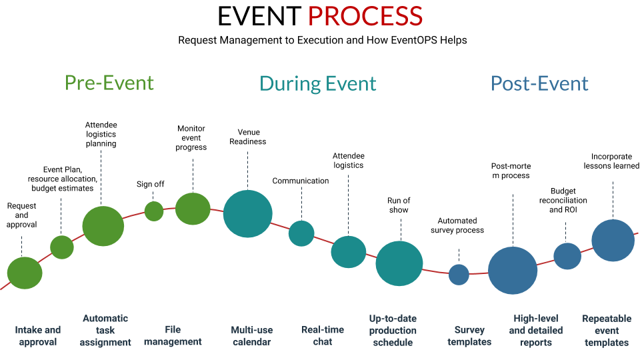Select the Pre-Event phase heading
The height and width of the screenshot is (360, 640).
click(x=109, y=83)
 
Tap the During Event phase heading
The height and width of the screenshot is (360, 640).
click(x=317, y=83)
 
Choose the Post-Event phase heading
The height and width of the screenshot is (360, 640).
click(x=539, y=83)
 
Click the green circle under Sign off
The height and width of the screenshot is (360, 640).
click(x=154, y=211)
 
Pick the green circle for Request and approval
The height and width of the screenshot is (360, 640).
click(x=25, y=273)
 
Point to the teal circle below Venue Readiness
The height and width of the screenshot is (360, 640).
click(x=247, y=214)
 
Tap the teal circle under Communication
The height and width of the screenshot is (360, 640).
click(x=301, y=233)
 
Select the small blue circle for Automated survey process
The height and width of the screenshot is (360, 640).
click(x=459, y=275)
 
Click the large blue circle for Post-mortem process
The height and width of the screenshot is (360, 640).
click(x=513, y=271)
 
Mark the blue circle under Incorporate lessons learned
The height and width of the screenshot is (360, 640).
click(x=613, y=241)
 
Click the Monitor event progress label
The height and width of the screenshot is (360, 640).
click(x=191, y=138)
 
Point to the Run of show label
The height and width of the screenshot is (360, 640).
click(x=399, y=205)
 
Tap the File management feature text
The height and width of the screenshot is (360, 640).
click(x=173, y=335)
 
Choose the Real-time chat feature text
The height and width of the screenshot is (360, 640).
click(x=323, y=336)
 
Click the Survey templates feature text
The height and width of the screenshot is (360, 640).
click(x=469, y=336)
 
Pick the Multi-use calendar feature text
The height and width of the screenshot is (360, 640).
click(x=251, y=336)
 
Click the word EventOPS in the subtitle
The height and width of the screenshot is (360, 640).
click(x=394, y=40)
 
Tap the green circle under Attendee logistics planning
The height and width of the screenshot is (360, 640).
click(x=103, y=226)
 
